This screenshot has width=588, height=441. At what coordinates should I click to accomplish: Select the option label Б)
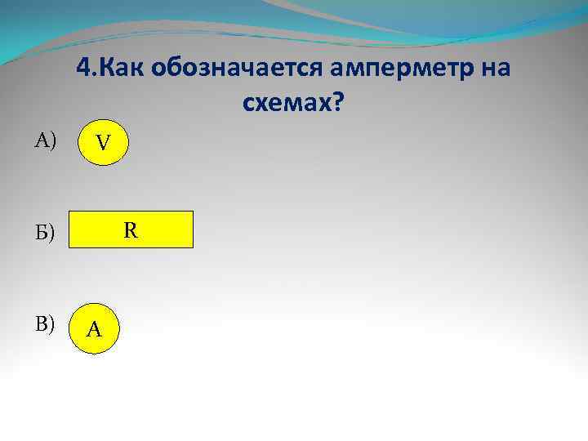44,235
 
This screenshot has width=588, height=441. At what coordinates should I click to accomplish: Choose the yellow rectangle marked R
131,229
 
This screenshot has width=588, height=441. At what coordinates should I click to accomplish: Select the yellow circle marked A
94,328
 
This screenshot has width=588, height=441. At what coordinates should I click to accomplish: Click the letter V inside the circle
102,145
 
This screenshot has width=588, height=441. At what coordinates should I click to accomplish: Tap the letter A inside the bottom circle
94,330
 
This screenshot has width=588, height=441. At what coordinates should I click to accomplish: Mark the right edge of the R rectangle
193,229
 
